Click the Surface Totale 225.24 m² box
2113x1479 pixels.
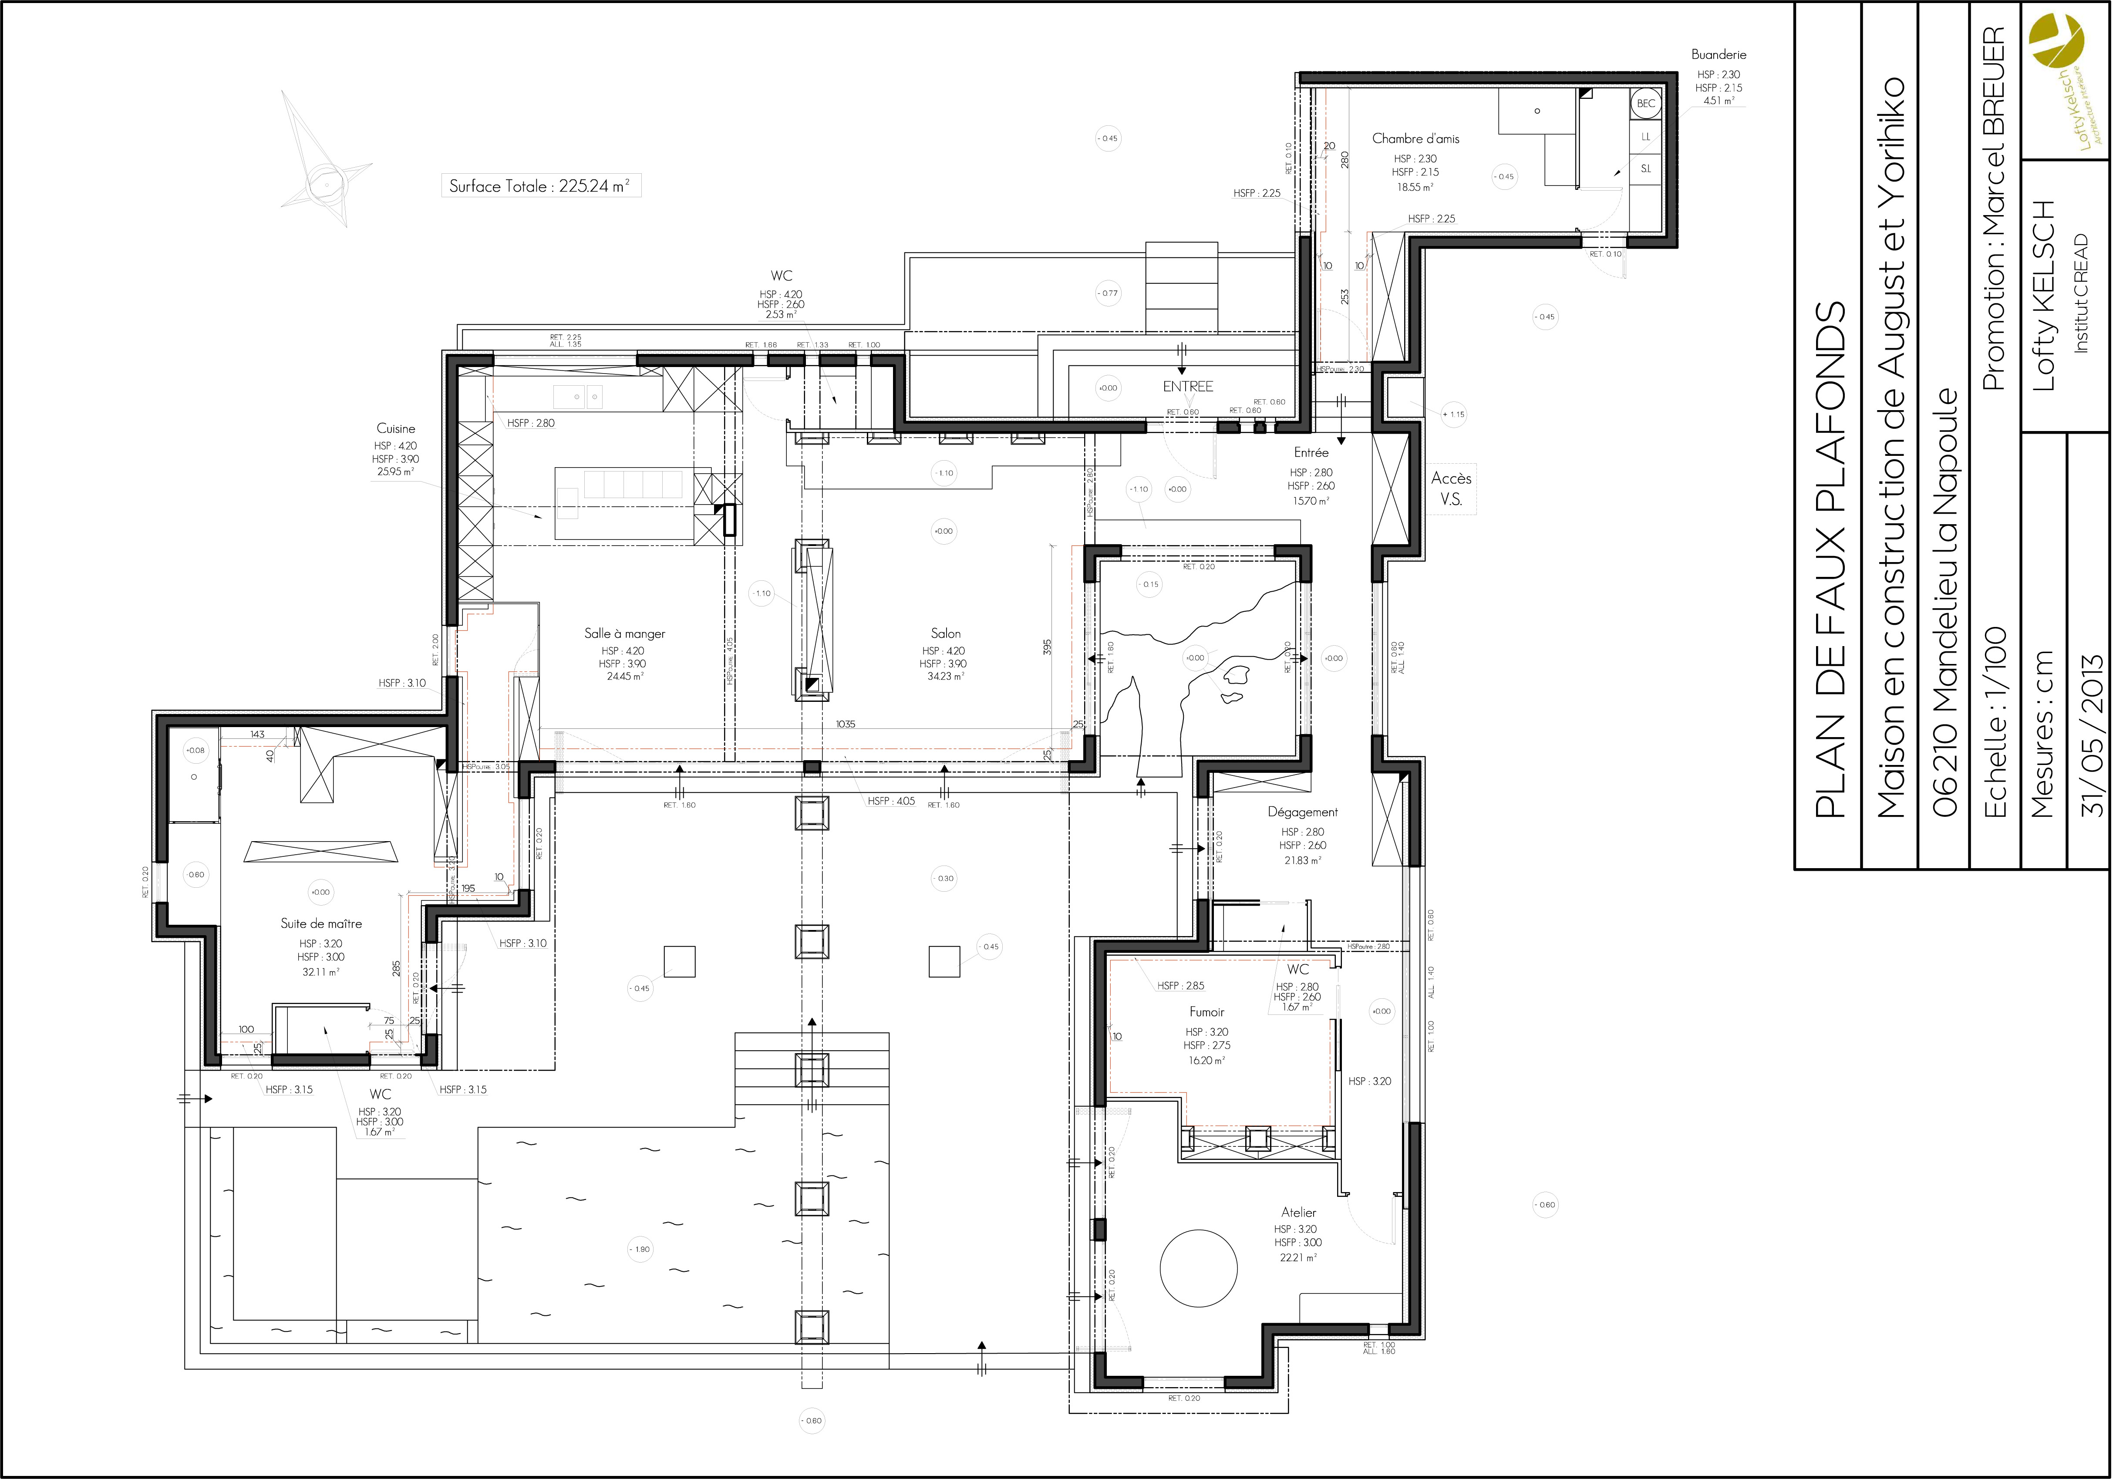(540, 186)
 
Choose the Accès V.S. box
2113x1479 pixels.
(1451, 489)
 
